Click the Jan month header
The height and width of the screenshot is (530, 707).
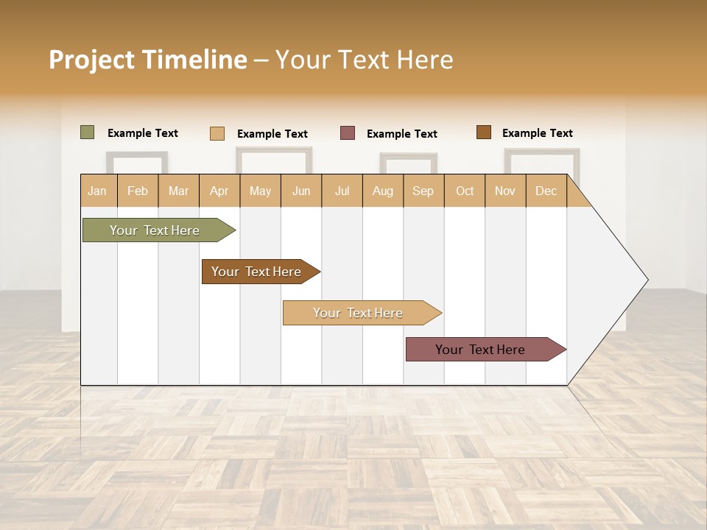(x=97, y=191)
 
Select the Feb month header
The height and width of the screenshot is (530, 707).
(x=138, y=191)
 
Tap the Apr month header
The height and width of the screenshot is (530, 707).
(x=219, y=191)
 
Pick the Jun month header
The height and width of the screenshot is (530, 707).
(x=301, y=191)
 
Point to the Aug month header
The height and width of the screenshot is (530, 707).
(x=382, y=191)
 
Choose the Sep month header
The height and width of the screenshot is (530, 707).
(x=423, y=191)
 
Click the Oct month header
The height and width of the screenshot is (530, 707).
(x=465, y=191)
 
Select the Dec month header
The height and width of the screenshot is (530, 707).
(x=546, y=191)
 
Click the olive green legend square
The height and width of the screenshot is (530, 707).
(x=88, y=132)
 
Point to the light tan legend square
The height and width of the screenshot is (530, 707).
(x=217, y=133)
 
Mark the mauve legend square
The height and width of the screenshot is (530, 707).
(x=348, y=133)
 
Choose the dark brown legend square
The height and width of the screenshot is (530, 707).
(x=483, y=132)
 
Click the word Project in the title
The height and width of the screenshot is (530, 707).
(x=92, y=60)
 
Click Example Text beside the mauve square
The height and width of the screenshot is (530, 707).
(x=401, y=134)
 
